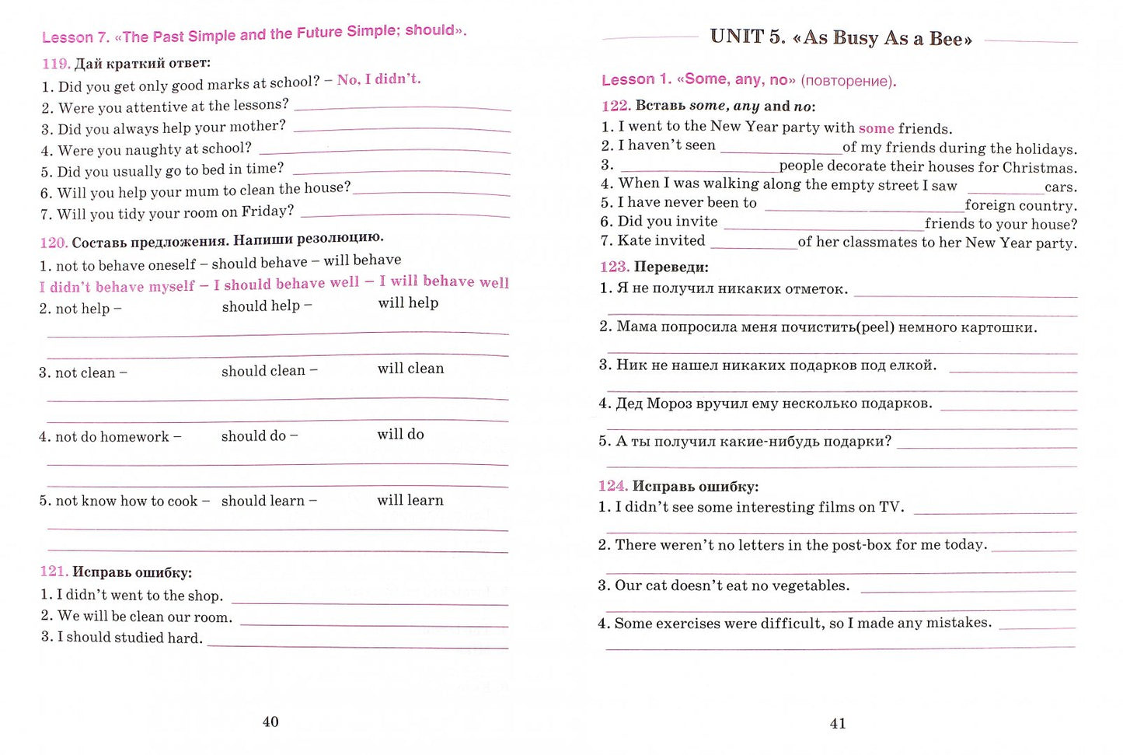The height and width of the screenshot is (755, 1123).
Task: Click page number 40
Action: point(270,722)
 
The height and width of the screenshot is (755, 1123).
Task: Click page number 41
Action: point(838,723)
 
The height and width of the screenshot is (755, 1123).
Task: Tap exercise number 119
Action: point(56,64)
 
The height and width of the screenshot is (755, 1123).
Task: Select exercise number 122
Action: point(616,106)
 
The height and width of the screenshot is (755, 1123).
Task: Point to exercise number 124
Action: point(612,486)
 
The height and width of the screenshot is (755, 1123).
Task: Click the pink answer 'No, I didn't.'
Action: point(378,79)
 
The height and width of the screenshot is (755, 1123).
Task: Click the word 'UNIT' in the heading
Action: point(737,37)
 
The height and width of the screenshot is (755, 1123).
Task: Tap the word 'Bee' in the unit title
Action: point(950,39)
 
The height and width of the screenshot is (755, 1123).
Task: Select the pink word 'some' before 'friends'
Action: point(876,128)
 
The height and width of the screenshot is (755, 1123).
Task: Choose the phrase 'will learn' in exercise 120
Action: point(410,500)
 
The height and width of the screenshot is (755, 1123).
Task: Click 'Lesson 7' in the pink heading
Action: point(75,37)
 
